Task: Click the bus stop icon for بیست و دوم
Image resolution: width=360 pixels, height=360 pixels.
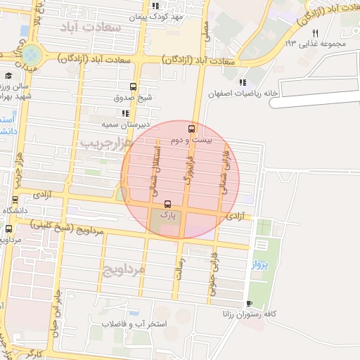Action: point(191,129)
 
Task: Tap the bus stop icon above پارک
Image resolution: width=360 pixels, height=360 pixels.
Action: point(167,202)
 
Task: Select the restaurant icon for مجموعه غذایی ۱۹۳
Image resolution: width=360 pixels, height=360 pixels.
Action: point(315,32)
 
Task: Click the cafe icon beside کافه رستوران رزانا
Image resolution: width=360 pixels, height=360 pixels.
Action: point(249,304)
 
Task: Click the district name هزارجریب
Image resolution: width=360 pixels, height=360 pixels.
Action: point(106,143)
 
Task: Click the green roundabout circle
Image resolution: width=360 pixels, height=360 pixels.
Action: point(31,54)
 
